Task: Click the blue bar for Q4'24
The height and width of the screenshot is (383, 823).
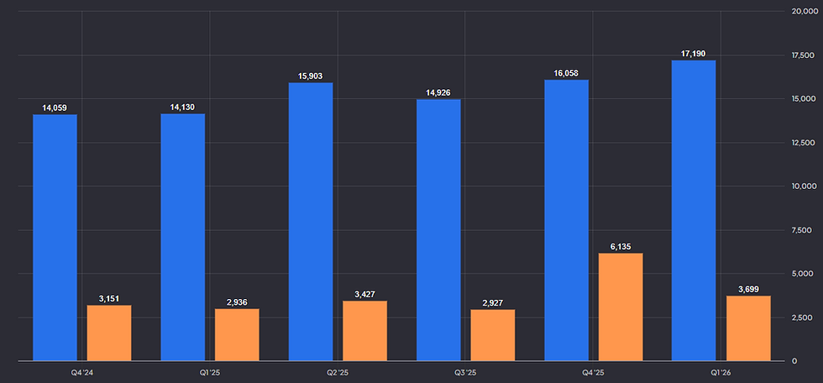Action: (55, 238)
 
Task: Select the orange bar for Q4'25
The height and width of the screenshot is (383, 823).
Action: (621, 307)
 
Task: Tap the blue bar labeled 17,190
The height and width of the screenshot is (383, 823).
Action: (694, 210)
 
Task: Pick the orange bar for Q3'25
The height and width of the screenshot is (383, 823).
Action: (493, 335)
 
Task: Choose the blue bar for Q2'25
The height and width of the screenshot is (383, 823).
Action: (311, 222)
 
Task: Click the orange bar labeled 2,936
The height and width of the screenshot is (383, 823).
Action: (237, 335)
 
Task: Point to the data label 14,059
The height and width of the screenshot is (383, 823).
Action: (55, 108)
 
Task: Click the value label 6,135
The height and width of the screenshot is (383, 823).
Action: (621, 247)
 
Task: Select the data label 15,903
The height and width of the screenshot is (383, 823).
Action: (311, 76)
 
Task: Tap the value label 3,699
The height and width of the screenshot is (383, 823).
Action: (748, 289)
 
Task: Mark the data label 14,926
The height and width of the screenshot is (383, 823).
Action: (438, 93)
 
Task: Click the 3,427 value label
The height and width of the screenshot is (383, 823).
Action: (364, 294)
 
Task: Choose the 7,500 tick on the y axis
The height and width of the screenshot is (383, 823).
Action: (803, 230)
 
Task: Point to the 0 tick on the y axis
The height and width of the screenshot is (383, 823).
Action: (794, 361)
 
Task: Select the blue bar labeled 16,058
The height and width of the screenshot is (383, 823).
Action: (566, 220)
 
